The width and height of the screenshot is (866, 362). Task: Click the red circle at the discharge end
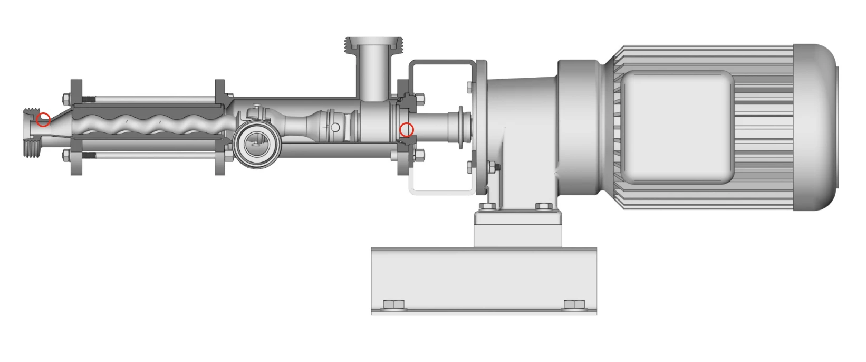(x=44, y=120)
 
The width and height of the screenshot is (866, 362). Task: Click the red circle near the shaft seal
(x=406, y=129)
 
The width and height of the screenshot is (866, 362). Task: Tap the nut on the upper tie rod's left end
(x=66, y=98)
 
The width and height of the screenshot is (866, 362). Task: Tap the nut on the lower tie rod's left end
(x=66, y=155)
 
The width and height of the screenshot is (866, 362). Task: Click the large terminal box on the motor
(x=677, y=128)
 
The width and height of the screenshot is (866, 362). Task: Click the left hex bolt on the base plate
(x=393, y=304)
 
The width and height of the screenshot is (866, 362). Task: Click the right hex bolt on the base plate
(x=574, y=304)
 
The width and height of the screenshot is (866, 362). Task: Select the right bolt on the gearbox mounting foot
(x=544, y=206)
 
